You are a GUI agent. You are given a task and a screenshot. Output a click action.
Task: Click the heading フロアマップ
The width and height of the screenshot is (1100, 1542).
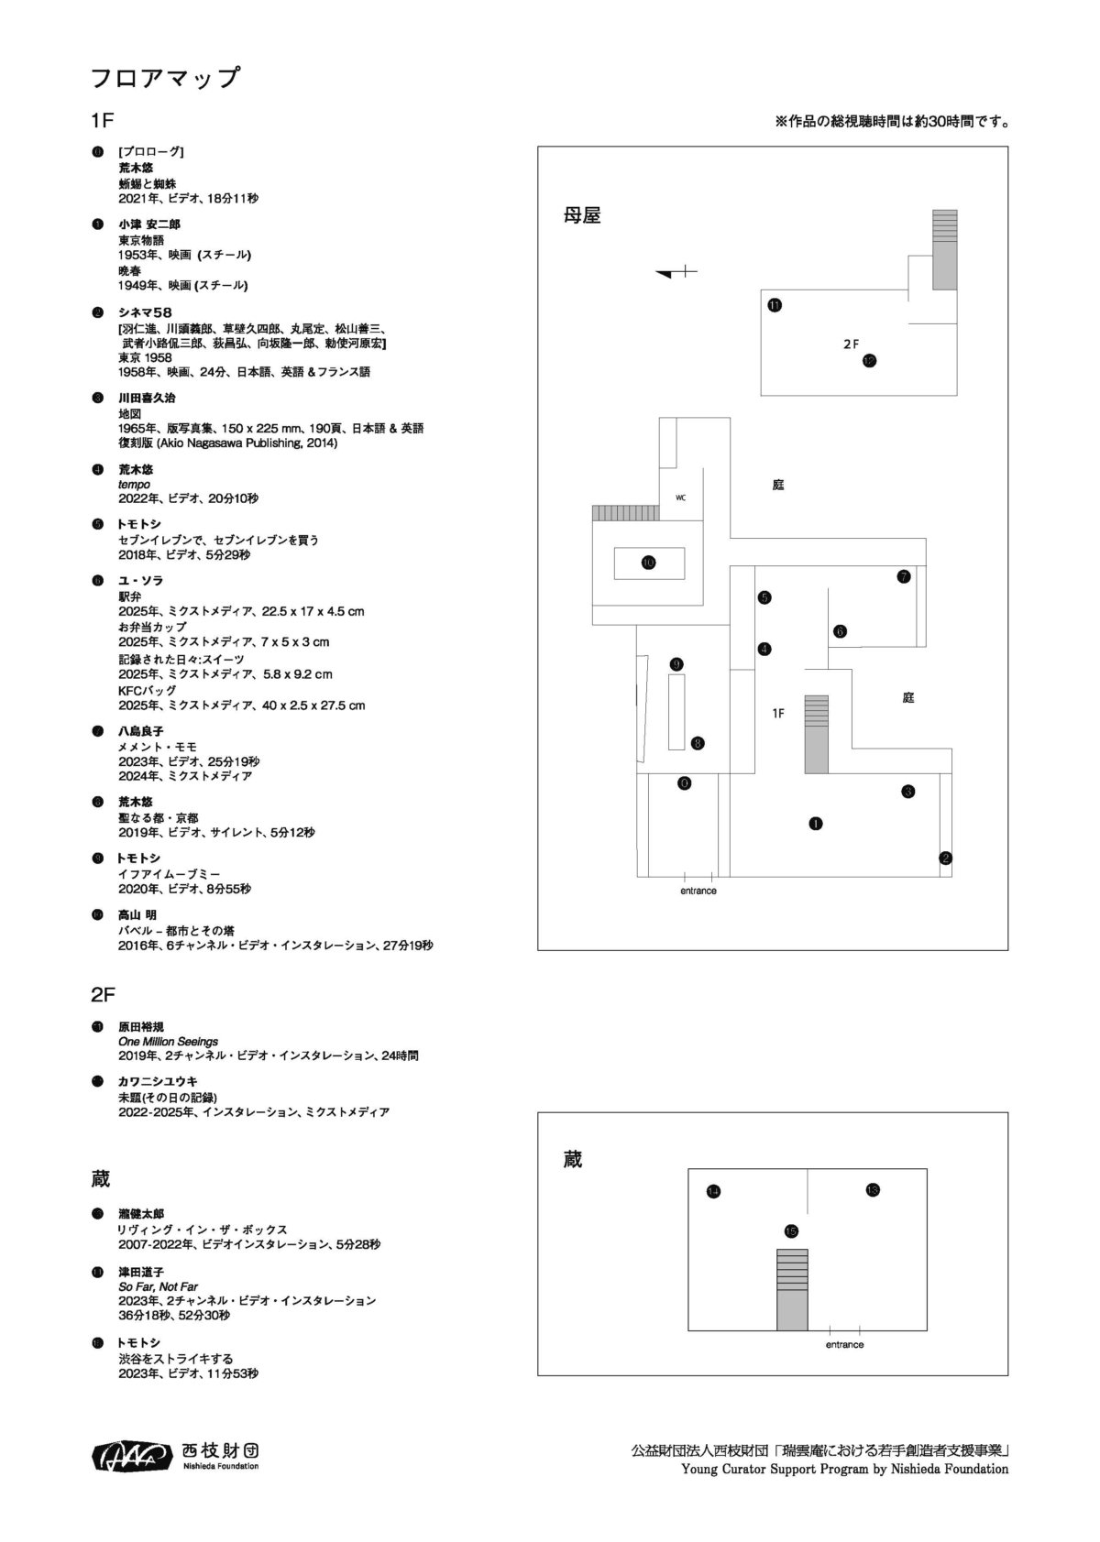tap(165, 78)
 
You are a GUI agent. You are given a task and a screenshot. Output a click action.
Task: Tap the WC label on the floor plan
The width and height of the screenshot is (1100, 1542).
tap(680, 498)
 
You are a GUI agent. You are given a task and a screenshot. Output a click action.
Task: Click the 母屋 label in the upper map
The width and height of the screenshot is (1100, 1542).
tap(582, 216)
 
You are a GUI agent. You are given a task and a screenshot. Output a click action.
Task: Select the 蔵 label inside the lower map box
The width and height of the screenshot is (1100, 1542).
tap(573, 1160)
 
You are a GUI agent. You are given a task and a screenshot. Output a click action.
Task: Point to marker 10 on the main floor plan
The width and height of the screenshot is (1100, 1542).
tap(648, 563)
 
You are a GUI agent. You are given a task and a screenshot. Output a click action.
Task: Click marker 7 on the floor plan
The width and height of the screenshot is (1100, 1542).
tap(904, 576)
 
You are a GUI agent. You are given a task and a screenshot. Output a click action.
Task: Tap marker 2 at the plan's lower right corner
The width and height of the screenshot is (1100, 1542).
tap(945, 858)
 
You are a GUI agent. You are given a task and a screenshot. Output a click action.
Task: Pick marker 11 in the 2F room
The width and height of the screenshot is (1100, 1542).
tap(775, 305)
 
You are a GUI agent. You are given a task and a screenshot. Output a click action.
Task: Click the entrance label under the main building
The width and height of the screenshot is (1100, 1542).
tap(698, 891)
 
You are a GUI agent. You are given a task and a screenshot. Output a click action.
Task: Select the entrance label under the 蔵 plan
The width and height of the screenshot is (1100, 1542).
tap(844, 1345)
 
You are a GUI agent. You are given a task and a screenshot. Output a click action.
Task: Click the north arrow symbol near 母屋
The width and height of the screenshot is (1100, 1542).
tap(676, 272)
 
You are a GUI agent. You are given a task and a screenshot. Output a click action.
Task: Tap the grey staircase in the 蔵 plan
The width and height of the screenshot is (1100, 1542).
tap(792, 1289)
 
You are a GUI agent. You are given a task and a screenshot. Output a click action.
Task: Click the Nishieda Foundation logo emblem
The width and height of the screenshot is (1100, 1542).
tap(132, 1455)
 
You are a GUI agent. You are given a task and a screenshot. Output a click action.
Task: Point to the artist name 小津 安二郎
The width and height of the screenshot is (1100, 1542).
tap(148, 224)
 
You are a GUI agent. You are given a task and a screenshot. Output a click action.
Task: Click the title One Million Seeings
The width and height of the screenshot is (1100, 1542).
tap(168, 1042)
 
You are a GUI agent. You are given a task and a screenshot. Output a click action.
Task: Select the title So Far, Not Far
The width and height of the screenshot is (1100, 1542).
tap(158, 1286)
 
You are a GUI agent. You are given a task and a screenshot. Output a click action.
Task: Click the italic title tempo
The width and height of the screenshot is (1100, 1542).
tap(134, 484)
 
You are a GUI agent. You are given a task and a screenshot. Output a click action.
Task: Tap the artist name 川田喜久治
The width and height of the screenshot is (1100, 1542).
tap(147, 398)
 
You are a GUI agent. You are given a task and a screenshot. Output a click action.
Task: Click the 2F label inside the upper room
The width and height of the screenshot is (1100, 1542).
tap(851, 344)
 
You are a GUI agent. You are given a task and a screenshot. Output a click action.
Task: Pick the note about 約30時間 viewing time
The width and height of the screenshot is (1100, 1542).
tap(892, 121)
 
